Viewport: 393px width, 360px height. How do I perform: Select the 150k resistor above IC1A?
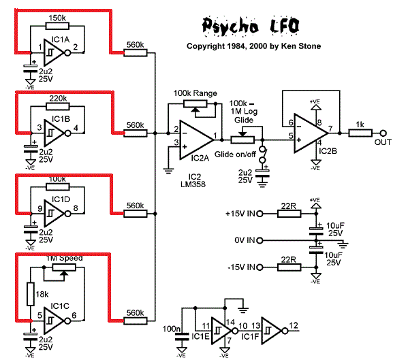coord(57,26)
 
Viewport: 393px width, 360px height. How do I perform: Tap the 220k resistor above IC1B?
coord(57,107)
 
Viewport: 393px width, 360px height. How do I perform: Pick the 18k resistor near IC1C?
coord(29,293)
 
